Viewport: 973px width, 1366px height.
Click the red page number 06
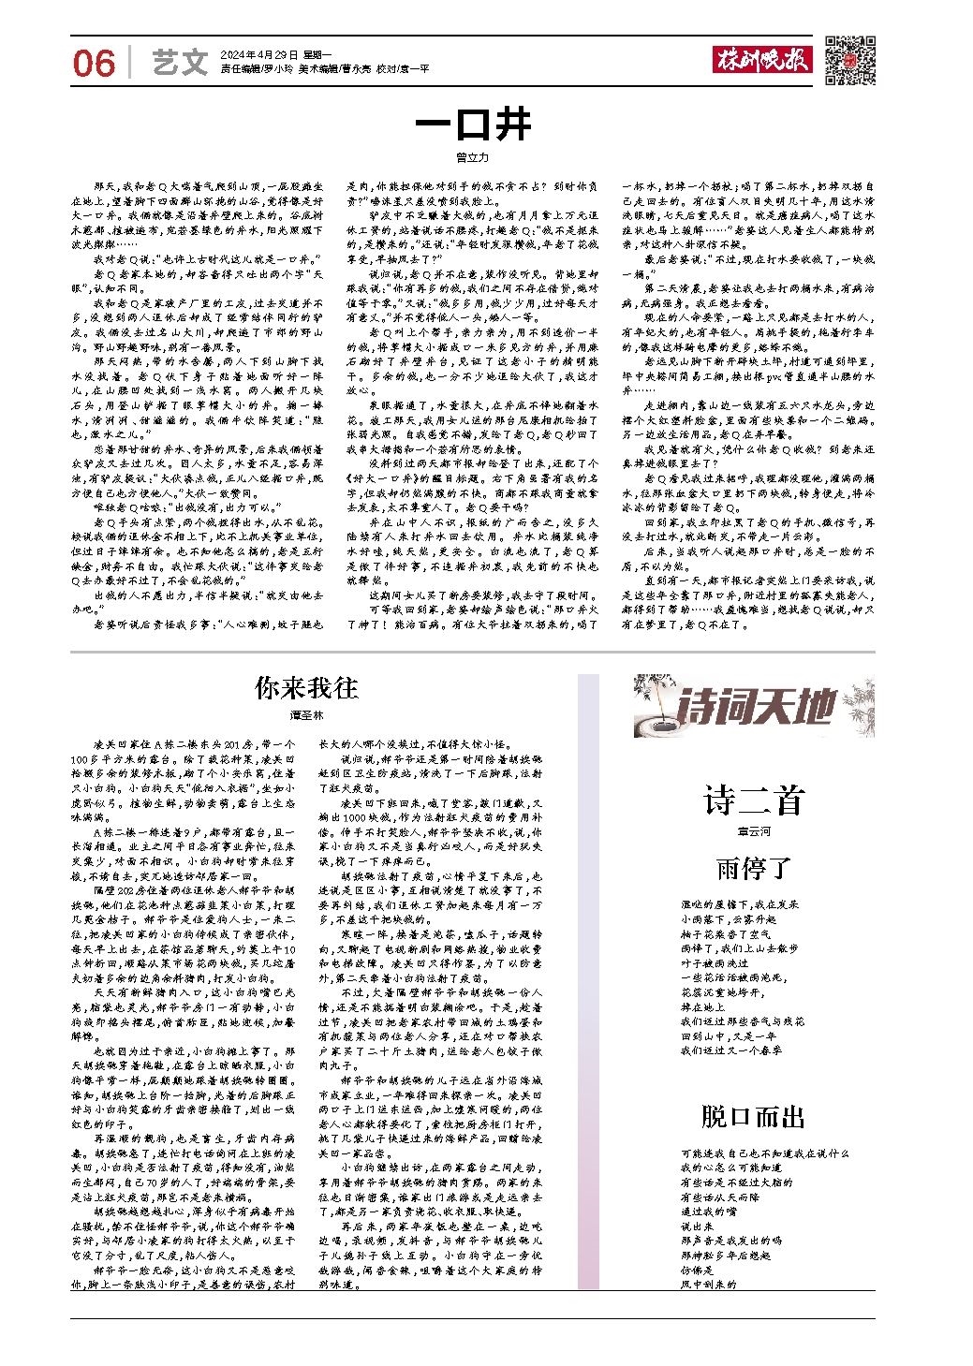[94, 63]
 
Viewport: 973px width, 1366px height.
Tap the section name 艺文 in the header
[179, 63]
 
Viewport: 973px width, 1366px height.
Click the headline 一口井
[473, 125]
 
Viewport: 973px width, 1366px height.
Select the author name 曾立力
[473, 158]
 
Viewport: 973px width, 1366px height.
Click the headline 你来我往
[306, 688]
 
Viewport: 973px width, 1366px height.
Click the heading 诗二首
[754, 802]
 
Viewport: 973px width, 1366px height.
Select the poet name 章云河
[754, 831]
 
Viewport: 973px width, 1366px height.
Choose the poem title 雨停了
[754, 868]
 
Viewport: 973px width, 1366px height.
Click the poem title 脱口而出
[754, 1116]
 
